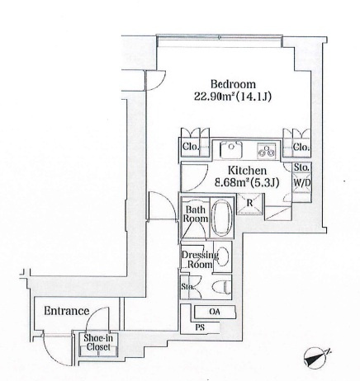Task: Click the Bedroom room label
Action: [233, 84]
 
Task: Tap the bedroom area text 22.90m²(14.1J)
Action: [233, 96]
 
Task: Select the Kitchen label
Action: [247, 171]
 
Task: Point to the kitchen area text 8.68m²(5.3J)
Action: [247, 182]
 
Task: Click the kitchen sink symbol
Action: [231, 150]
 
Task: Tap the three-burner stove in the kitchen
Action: [266, 151]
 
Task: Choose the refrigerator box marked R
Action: [250, 204]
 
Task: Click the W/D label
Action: [302, 182]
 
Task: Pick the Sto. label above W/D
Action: [301, 167]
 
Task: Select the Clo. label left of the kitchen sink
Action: [191, 147]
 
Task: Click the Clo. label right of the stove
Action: [301, 148]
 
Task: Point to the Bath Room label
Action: [196, 214]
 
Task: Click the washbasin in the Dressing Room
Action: [223, 257]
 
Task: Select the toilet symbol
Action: [221, 287]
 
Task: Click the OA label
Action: [215, 312]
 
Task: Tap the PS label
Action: [200, 327]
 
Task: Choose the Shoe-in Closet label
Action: [98, 342]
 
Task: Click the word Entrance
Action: [67, 311]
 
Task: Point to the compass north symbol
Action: [316, 358]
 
